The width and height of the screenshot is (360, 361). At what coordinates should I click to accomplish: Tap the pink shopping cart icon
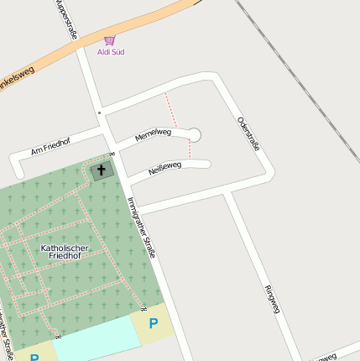pos(109,39)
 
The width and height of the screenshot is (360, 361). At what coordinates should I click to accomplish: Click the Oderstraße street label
pos(248,133)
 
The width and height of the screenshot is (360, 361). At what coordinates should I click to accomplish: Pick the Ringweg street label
pos(270,299)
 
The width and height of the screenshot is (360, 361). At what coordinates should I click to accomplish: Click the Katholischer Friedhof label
pos(64,251)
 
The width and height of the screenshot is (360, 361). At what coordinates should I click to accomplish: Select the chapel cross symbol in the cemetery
pos(102,170)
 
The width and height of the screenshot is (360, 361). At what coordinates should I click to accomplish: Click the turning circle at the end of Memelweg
pos(194,134)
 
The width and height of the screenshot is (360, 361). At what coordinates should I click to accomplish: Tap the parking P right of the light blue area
pos(153,322)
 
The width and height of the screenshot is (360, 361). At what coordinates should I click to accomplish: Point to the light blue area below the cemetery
pos(97,340)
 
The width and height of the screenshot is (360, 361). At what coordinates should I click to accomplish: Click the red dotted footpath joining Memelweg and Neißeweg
pos(190,150)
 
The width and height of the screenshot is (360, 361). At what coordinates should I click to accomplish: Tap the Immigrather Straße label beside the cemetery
pos(142,227)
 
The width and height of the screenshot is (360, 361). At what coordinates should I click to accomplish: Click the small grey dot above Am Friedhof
pos(99,112)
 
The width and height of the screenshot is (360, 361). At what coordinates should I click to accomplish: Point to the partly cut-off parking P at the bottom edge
pos(34,357)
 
